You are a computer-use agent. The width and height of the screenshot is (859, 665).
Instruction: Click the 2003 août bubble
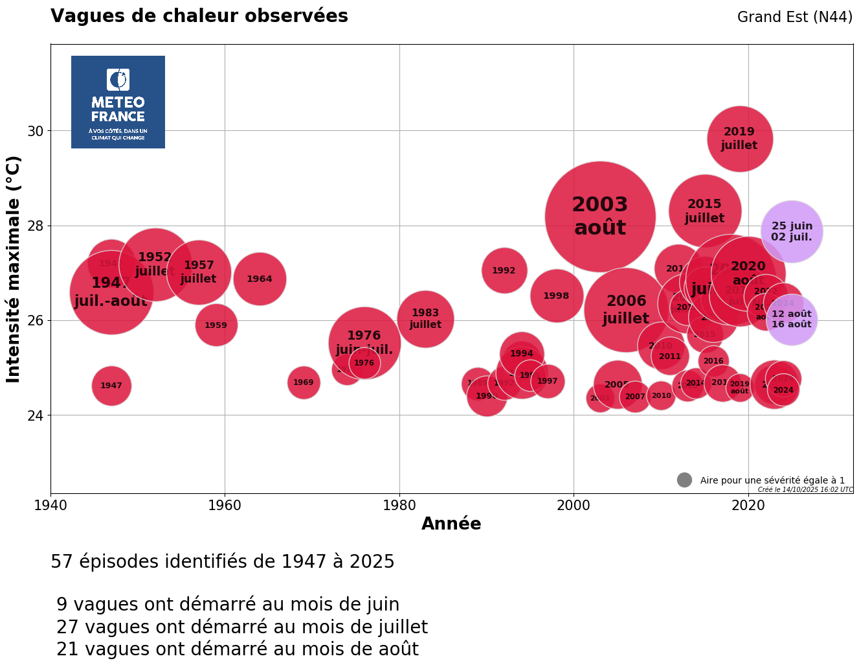[x=600, y=216]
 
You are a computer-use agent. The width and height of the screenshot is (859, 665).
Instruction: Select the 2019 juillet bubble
[x=739, y=139]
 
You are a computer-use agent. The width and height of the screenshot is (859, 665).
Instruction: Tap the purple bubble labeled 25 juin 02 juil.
[x=792, y=231]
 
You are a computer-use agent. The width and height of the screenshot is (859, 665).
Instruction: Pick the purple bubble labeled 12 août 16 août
[x=792, y=320]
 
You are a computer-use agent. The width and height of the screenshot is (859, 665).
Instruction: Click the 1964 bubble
[x=260, y=279]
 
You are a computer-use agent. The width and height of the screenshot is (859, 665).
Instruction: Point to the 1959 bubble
[x=216, y=325]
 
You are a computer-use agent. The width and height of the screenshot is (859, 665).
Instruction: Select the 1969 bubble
[x=303, y=382]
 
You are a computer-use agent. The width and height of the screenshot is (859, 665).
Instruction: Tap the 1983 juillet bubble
[x=425, y=319]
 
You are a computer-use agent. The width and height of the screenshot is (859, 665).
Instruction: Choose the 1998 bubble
[x=556, y=296]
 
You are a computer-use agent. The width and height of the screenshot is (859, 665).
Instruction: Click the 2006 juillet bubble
[x=625, y=310]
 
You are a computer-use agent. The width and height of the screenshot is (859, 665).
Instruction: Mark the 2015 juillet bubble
[x=704, y=211]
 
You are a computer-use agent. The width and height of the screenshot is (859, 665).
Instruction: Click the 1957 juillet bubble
[x=199, y=272]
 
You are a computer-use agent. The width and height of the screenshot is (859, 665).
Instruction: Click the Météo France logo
[x=118, y=102]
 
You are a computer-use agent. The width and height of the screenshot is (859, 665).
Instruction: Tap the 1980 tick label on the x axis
[x=399, y=505]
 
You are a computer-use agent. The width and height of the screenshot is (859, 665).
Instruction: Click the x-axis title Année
[x=451, y=524]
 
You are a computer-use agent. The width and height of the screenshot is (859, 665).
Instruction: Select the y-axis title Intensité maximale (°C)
[x=14, y=269]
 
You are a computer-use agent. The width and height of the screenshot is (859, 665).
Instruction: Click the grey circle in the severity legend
[x=684, y=480]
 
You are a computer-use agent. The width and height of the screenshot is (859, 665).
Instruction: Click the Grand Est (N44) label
[x=794, y=17]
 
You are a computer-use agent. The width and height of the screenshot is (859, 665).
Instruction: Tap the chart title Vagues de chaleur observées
[x=199, y=16]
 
